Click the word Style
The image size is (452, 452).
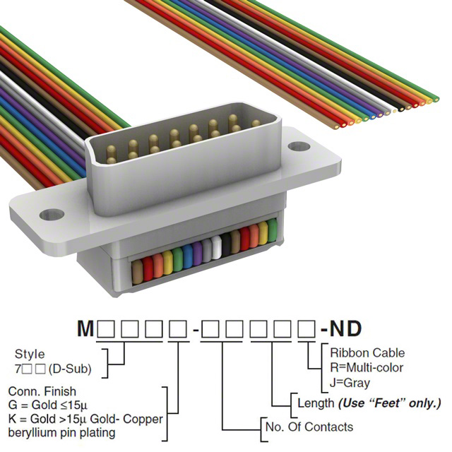(29, 354)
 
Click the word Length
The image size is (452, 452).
(316, 403)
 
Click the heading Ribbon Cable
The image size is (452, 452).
(367, 353)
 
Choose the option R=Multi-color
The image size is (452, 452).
(367, 367)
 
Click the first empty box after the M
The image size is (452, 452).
(107, 329)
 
